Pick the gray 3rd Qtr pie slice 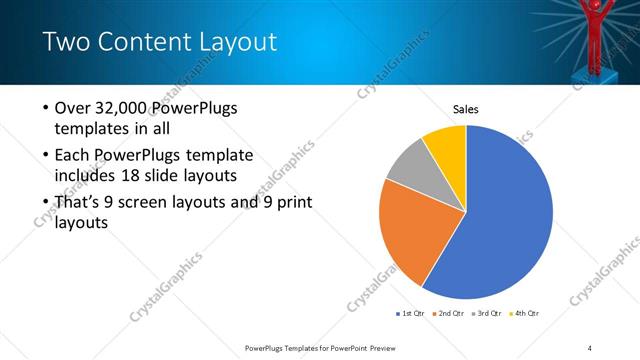tap(410, 170)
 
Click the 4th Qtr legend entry tap(527, 314)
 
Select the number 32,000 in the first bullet tap(127, 109)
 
